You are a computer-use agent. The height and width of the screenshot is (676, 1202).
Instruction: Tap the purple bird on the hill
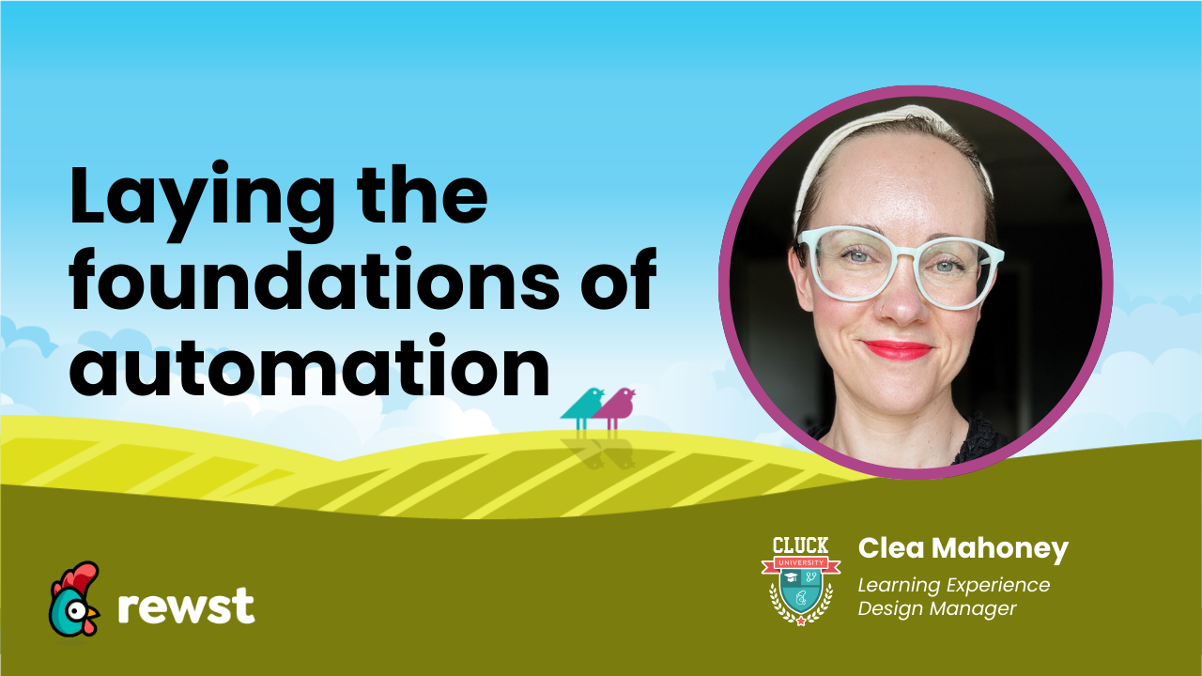point(616,405)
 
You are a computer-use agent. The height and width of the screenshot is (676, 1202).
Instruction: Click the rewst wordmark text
point(186,606)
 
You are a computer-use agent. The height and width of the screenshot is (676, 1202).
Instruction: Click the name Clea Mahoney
point(963,549)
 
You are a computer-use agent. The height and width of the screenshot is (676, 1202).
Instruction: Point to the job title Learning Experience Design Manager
point(953,596)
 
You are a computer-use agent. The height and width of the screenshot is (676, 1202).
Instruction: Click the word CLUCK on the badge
point(800,545)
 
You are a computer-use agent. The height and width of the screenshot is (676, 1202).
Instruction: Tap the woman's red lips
point(897,349)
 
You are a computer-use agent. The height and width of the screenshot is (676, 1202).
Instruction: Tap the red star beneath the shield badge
point(800,622)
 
